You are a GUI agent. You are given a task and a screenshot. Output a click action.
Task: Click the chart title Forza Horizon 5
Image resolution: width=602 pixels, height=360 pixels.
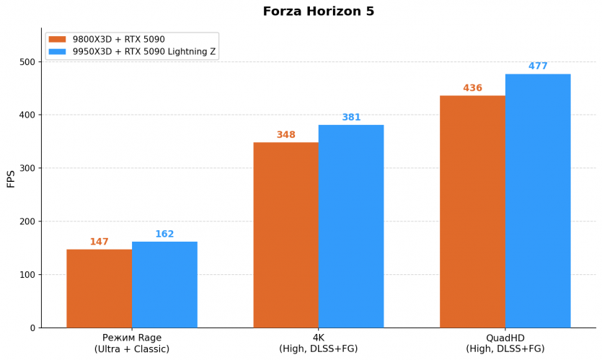click(x=318, y=12)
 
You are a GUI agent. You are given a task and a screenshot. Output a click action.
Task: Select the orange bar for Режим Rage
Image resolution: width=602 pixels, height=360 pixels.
click(x=99, y=289)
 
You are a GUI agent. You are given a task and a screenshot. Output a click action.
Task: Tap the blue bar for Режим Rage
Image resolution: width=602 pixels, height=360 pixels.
click(x=164, y=284)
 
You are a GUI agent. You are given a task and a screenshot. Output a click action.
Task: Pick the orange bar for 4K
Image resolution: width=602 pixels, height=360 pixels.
click(x=285, y=234)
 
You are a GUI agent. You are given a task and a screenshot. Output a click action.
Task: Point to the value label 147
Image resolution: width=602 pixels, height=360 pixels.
click(x=99, y=242)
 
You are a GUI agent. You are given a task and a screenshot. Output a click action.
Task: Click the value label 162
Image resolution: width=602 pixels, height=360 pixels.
click(x=164, y=234)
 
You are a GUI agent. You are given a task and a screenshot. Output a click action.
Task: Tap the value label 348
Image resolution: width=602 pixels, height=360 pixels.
click(x=286, y=135)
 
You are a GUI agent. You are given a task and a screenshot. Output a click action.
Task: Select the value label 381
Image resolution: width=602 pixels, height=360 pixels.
click(x=351, y=118)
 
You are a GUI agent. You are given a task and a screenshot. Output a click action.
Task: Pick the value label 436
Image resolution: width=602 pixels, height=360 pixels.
click(x=472, y=88)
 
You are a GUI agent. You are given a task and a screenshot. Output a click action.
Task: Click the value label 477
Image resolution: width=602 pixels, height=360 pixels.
click(x=538, y=66)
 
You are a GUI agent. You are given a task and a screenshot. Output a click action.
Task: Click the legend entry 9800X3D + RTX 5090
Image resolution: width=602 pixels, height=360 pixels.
click(x=118, y=39)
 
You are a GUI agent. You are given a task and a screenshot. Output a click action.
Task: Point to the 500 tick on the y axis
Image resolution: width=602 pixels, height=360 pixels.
click(x=27, y=62)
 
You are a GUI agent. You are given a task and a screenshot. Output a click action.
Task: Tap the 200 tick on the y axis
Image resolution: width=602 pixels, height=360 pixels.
click(x=27, y=221)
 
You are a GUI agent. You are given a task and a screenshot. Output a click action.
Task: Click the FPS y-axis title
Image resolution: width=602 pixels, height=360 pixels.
click(x=11, y=179)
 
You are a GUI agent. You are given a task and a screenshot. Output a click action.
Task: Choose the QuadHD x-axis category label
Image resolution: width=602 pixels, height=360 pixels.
click(x=505, y=343)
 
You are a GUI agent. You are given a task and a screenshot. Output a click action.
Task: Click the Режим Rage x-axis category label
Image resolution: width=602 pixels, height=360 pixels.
click(x=132, y=343)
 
